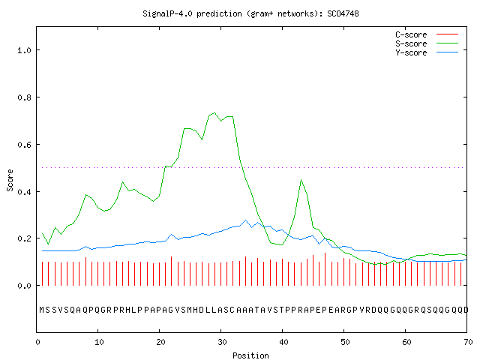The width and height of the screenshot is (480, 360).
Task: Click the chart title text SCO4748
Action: coord(343,13)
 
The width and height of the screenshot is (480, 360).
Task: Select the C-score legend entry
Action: coord(427,34)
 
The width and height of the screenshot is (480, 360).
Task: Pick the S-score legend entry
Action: coord(427,43)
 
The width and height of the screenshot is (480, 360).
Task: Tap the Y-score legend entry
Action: coord(427,52)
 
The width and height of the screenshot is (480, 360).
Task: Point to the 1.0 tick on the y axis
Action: coord(25,50)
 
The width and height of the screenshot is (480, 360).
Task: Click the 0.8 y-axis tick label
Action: coord(25,97)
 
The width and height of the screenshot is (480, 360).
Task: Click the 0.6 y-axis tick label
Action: coord(25,145)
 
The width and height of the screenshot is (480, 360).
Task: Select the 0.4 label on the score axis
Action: coord(25,192)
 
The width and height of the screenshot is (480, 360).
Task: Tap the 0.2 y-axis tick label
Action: coord(25,238)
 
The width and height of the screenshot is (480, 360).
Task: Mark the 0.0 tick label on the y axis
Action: coord(25,286)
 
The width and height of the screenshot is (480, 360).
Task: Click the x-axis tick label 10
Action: coord(99,342)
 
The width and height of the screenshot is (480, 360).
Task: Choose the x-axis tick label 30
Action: coord(222,342)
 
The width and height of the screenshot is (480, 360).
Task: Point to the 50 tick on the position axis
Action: coord(345,342)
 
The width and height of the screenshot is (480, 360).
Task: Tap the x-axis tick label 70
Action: coord(468,342)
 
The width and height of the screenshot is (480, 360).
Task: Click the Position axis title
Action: coord(250,355)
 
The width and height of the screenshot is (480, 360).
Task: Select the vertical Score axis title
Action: coord(10,180)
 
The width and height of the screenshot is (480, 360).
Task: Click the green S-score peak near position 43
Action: coord(301,180)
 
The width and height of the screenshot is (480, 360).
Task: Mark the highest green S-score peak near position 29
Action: coord(214,113)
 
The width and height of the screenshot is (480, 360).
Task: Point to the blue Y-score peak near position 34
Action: coord(245,220)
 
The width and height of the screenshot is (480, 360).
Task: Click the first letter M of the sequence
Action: coord(42,310)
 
